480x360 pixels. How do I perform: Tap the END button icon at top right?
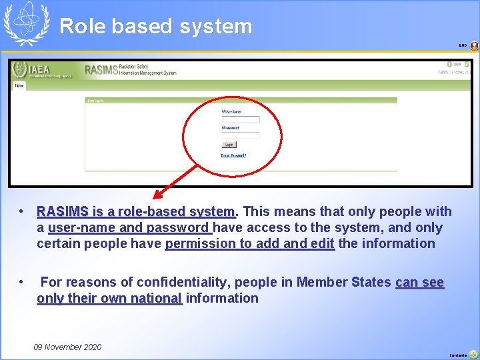(474, 46)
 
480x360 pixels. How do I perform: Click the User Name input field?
(241, 120)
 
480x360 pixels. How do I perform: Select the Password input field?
(241, 135)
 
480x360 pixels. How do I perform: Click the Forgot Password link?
(233, 155)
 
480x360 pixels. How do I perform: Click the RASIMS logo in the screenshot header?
(100, 69)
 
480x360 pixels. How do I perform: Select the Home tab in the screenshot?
(19, 85)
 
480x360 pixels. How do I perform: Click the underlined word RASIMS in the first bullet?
(63, 212)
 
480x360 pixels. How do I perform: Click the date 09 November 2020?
(67, 347)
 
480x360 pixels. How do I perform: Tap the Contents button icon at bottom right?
(474, 354)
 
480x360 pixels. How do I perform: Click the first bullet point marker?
(22, 211)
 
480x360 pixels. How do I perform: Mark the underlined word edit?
(323, 244)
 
